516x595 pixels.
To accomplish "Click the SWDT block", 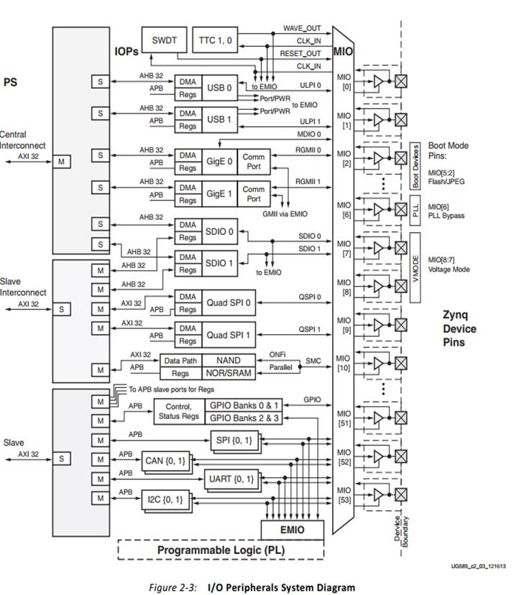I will point(165,41).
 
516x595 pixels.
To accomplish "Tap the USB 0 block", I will point(220,88).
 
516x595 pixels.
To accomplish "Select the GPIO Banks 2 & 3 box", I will point(244,418).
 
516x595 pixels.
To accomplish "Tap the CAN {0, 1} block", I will point(165,458).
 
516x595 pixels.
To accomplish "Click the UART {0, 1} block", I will point(231,479).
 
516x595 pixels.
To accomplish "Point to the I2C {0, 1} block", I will point(165,498).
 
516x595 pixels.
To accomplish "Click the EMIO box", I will point(292,530).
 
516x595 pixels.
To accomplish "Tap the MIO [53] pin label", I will point(344,496).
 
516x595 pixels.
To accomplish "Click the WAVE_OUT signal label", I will point(302,29).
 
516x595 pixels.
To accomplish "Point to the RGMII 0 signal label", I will point(308,150).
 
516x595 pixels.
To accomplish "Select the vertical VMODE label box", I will point(415,259).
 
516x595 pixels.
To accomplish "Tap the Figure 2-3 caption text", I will point(252,587).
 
